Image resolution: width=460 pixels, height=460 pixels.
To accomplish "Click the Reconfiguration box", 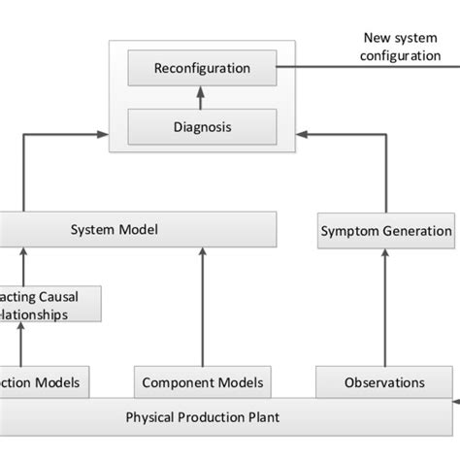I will point(202,69).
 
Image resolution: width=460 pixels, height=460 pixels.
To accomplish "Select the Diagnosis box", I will point(202,125).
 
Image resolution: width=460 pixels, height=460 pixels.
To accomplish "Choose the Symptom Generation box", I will point(385,231).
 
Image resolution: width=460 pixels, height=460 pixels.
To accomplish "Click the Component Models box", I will point(202,382).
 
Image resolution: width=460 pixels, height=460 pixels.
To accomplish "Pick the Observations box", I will point(384,382).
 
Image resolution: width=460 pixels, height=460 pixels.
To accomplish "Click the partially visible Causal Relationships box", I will point(49,304).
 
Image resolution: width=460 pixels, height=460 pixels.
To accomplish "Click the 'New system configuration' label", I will point(401,47).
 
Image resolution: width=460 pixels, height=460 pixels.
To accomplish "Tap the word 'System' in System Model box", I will point(94,230).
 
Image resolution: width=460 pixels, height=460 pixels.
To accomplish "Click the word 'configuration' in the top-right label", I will point(401,55).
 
